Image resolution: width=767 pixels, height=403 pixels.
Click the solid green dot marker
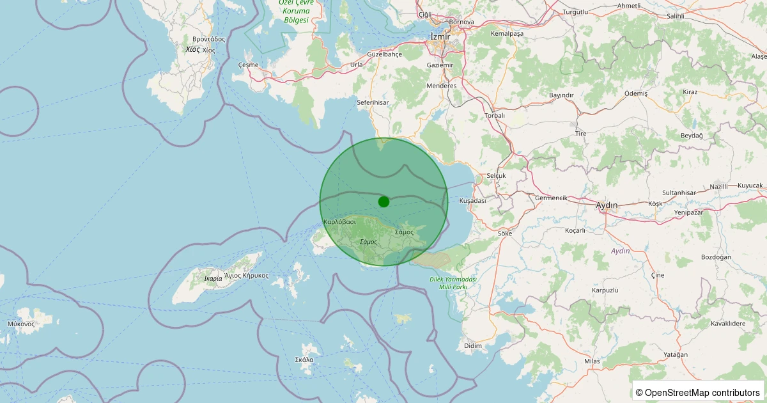pyautogui.click(x=383, y=201)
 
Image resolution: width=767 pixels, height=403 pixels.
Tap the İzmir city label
pyautogui.click(x=441, y=36)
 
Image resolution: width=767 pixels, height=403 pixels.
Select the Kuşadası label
pyautogui.click(x=473, y=200)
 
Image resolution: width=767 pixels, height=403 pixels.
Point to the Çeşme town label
pyautogui.click(x=248, y=65)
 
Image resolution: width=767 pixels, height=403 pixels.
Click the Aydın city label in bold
pyautogui.click(x=607, y=205)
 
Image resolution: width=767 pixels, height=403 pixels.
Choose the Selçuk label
pyautogui.click(x=496, y=175)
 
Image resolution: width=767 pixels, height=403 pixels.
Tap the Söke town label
pyautogui.click(x=505, y=233)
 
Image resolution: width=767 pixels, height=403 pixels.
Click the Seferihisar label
pyautogui.click(x=373, y=102)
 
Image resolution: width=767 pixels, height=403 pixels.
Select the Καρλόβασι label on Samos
pyautogui.click(x=340, y=221)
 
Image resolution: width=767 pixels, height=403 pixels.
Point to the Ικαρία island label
pyautogui.click(x=213, y=278)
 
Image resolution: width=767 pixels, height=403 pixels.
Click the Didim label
pyautogui.click(x=473, y=345)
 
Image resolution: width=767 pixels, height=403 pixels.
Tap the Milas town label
pyautogui.click(x=593, y=361)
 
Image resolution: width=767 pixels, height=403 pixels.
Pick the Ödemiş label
pyautogui.click(x=636, y=93)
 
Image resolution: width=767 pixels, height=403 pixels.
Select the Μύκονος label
pyautogui.click(x=21, y=324)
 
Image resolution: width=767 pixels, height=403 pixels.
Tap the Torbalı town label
pyautogui.click(x=495, y=115)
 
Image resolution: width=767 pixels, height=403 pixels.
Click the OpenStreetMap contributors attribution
pyautogui.click(x=697, y=392)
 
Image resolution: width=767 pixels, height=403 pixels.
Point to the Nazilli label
pyautogui.click(x=719, y=187)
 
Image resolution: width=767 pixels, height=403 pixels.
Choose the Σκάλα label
pyautogui.click(x=304, y=360)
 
